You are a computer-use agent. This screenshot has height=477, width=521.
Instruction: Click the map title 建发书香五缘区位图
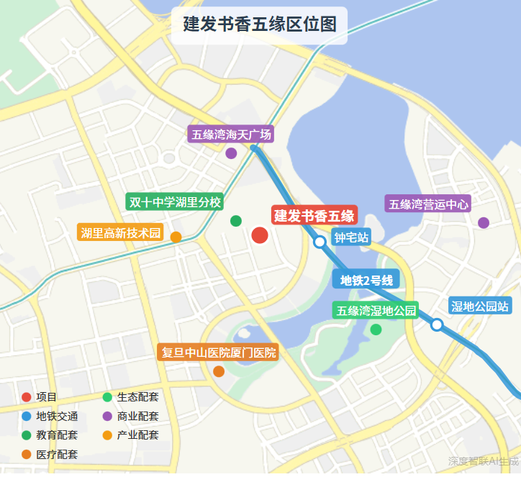tap(260, 24)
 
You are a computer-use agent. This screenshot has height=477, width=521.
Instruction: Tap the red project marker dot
tap(260, 235)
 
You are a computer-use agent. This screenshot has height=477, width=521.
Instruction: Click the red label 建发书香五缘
tap(314, 215)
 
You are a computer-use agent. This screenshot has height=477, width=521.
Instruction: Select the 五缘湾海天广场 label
tap(231, 135)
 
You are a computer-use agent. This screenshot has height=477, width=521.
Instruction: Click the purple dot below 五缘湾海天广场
tap(231, 153)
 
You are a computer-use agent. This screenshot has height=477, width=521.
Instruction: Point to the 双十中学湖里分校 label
tap(175, 201)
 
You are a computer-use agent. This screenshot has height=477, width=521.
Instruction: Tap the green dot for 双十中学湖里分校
tap(235, 221)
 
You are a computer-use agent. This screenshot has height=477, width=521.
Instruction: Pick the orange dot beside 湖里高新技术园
tap(176, 237)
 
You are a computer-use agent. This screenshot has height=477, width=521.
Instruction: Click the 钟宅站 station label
tap(352, 237)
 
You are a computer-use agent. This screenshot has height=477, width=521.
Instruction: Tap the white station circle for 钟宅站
tap(320, 242)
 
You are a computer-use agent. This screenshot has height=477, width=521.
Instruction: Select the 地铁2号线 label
tap(366, 281)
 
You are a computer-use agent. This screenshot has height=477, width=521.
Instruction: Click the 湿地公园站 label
tap(480, 306)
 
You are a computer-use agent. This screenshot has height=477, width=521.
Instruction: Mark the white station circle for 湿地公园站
tap(436, 324)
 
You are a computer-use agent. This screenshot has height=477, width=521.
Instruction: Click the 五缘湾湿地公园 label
tap(376, 311)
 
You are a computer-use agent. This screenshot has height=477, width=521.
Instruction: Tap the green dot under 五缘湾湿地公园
tap(376, 330)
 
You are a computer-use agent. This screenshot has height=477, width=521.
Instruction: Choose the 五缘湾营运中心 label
tap(429, 204)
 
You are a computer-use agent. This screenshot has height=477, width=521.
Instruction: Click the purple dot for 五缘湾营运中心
tap(484, 223)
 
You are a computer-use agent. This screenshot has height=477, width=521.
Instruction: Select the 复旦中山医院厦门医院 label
tap(218, 353)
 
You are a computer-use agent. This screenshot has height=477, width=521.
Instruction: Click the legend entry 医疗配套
tap(57, 454)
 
